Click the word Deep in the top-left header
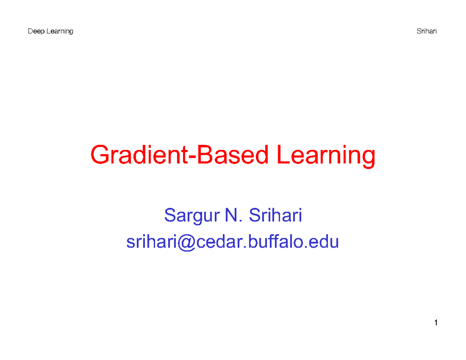pos(34,32)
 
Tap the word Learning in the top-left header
pos(58,32)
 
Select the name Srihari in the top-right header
pos(427,32)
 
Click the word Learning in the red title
pos(327,157)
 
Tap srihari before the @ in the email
pos(152,242)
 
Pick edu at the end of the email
pos(326,242)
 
